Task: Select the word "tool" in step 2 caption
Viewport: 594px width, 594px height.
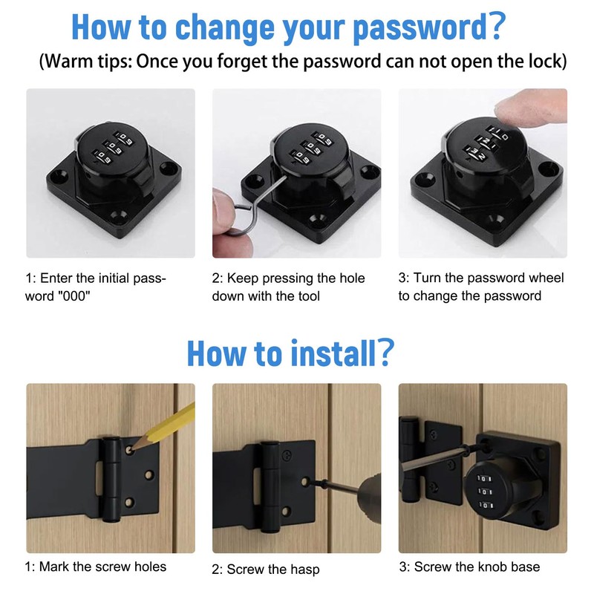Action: coord(307,296)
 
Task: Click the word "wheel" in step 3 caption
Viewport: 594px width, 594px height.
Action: coord(546,278)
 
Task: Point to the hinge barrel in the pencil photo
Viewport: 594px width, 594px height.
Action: coord(111,475)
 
